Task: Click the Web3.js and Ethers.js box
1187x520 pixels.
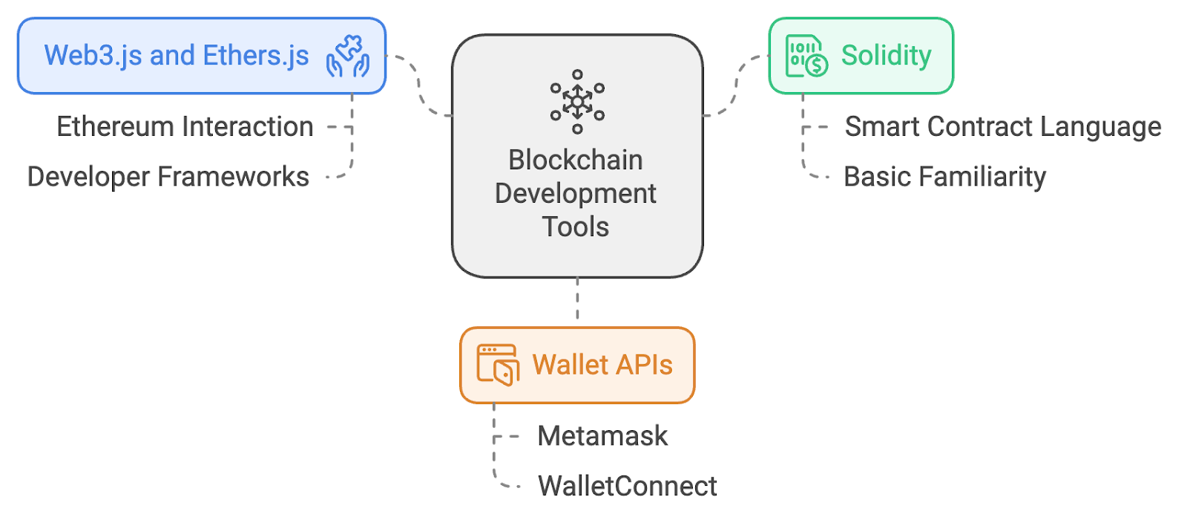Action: (x=201, y=56)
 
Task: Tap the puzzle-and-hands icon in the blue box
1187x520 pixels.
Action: (x=348, y=56)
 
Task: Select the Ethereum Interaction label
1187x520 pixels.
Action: (x=185, y=127)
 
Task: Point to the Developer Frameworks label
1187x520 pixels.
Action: (x=168, y=178)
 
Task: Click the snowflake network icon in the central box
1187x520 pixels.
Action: (x=577, y=102)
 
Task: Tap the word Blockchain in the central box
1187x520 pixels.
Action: (x=576, y=160)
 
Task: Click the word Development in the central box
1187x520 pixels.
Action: (x=576, y=194)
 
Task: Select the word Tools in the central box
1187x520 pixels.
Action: (x=576, y=227)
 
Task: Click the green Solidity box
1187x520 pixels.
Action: (x=861, y=56)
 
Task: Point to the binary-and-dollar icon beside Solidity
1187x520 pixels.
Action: (x=806, y=56)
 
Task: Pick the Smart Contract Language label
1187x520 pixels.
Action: (x=1003, y=127)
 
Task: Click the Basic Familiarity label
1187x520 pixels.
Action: (x=944, y=178)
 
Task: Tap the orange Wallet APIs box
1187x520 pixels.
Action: (x=577, y=365)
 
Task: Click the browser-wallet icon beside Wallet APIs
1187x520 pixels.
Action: (x=497, y=365)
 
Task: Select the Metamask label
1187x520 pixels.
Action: (x=602, y=436)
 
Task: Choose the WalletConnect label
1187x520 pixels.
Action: (x=628, y=487)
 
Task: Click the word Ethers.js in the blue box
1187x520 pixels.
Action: (x=256, y=56)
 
